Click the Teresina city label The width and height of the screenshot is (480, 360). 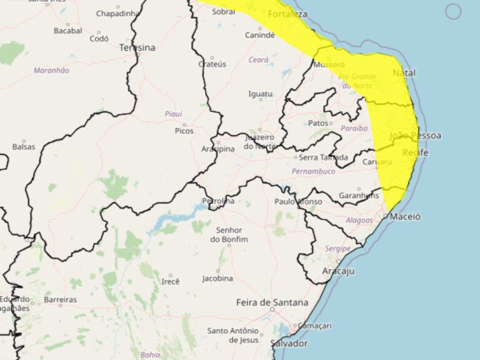137,47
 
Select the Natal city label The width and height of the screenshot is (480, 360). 404,73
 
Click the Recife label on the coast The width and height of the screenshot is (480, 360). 416,152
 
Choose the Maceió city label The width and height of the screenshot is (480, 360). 405,216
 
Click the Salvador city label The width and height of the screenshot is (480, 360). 289,344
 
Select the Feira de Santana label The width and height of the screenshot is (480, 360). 272,302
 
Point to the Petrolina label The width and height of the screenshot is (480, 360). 218,201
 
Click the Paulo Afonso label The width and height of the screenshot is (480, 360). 299,201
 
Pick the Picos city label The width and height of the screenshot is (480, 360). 184,131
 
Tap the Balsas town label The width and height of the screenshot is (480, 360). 24,147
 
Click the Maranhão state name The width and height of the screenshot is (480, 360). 51,71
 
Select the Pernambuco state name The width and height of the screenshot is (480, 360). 314,171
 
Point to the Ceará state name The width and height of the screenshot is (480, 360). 258,60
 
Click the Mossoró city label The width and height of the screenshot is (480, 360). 329,64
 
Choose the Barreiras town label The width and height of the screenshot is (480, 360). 60,300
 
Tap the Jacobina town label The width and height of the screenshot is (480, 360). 217,278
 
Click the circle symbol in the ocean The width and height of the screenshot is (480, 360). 454,11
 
